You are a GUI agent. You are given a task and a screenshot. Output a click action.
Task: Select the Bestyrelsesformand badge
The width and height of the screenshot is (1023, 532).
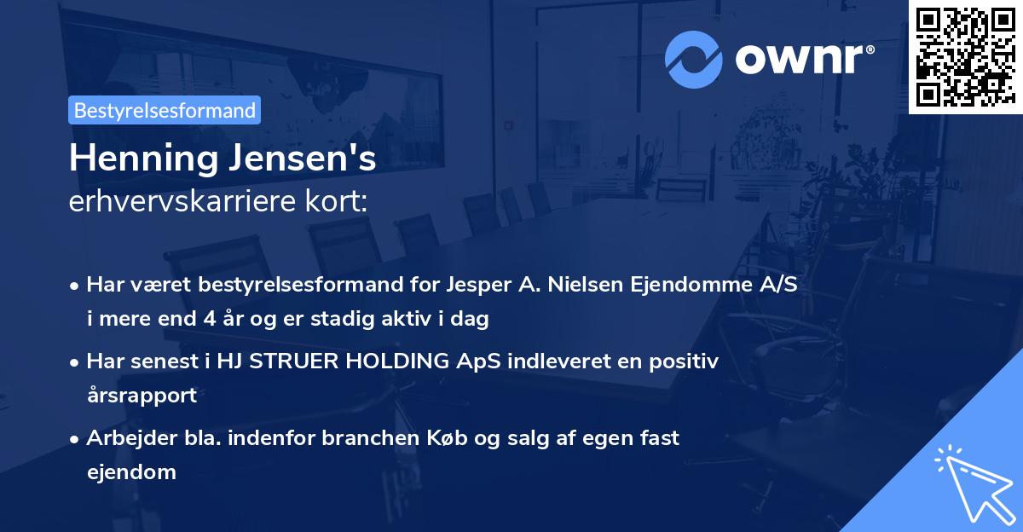[x=165, y=110]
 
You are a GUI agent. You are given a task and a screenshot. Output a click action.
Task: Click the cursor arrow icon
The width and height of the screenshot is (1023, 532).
[x=972, y=482]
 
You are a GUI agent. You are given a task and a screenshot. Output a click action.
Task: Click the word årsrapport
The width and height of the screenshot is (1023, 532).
[x=141, y=396]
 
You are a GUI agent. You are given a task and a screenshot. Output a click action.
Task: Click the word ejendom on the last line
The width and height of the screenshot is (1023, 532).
[x=131, y=471]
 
